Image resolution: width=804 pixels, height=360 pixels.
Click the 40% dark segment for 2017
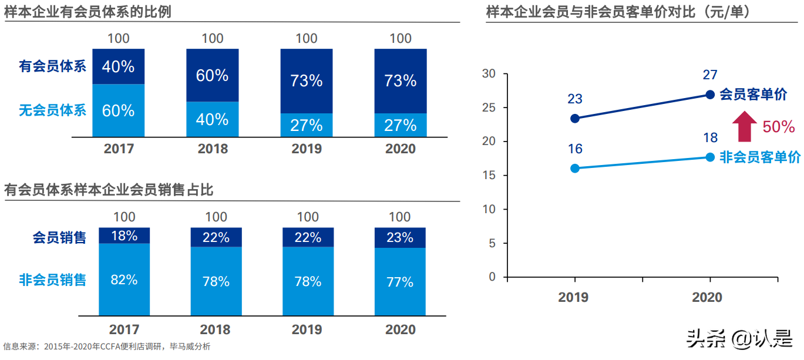(x=118, y=66)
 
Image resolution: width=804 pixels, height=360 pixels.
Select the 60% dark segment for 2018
(x=212, y=75)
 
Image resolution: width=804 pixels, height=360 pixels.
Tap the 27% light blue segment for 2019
(x=306, y=125)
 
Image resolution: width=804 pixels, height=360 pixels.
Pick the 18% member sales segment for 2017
(x=124, y=235)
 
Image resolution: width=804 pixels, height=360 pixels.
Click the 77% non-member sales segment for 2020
(x=400, y=282)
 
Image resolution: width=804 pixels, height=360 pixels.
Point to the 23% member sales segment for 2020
(x=400, y=237)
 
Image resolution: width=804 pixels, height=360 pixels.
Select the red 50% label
(x=778, y=127)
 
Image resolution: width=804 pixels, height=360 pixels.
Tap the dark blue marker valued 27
(x=709, y=95)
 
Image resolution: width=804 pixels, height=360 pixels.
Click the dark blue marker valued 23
(x=575, y=118)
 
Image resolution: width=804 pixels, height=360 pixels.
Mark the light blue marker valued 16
(x=575, y=168)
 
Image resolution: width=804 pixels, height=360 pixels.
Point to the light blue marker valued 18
(x=709, y=157)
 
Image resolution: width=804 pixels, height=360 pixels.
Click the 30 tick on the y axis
(x=489, y=74)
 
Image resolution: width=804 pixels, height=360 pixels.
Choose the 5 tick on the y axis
(x=492, y=243)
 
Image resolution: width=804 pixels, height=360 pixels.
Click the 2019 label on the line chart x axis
(x=573, y=297)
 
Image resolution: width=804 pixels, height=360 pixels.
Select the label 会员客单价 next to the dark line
(x=753, y=95)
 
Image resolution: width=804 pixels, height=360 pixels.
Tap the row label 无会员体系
(x=52, y=110)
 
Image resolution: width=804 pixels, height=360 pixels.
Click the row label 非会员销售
(x=52, y=280)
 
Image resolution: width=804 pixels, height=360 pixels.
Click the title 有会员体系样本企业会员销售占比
(x=109, y=190)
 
